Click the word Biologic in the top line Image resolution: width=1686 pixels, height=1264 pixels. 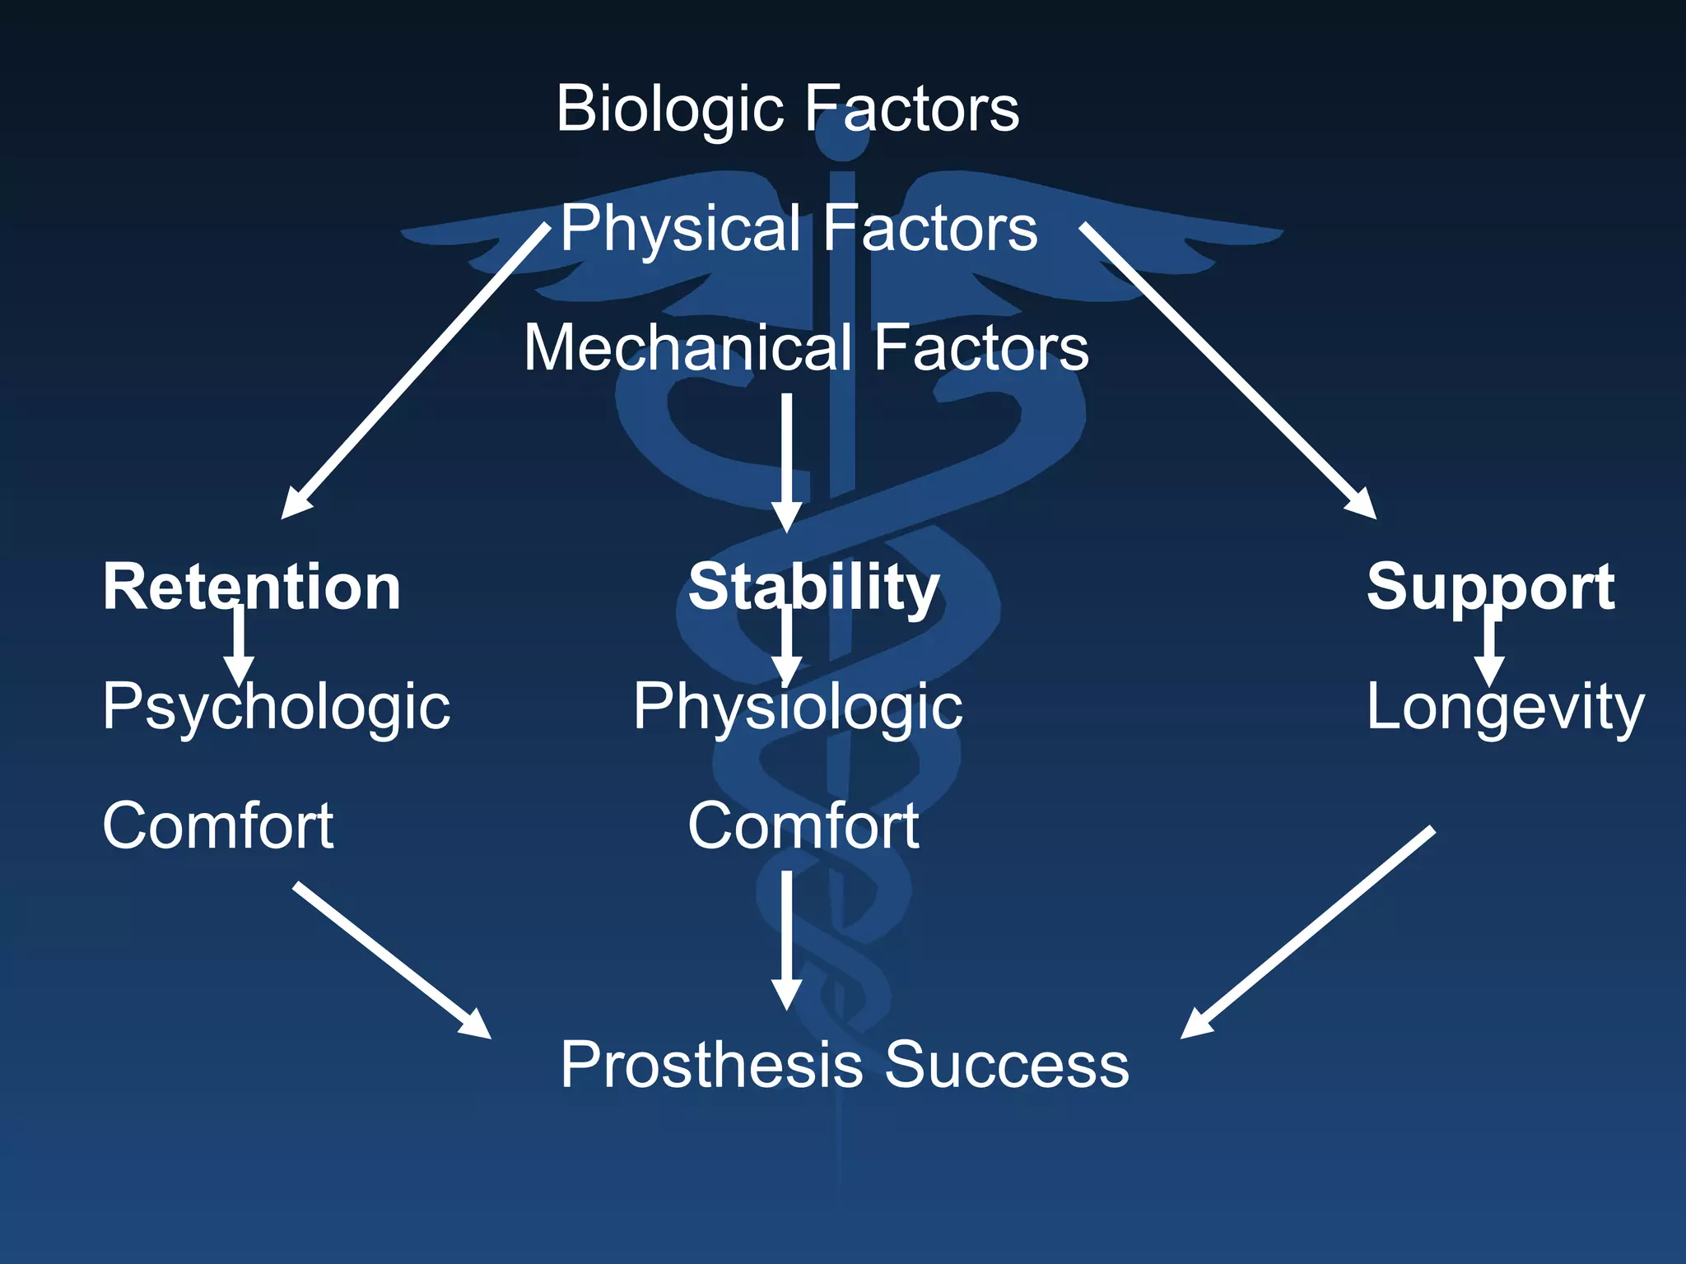pos(668,109)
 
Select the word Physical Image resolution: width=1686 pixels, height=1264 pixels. pos(680,230)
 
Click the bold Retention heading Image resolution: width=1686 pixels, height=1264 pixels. pos(251,588)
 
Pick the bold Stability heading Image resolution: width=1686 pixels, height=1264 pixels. pos(813,588)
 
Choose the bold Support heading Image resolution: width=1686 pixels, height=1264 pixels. pos(1490,588)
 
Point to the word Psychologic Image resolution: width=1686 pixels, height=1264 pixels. pos(276,708)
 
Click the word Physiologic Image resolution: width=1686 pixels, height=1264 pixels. pos(797,708)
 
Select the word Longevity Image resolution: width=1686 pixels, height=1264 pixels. pos(1504,708)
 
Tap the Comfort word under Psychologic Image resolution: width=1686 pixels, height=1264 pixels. pos(217,826)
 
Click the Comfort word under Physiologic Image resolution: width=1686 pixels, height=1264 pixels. pos(803,826)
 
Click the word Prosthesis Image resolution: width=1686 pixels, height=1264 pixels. pos(711,1065)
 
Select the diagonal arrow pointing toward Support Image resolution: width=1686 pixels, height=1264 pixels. pos(1227,370)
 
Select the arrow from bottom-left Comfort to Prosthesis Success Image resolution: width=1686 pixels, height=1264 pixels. pos(391,960)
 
